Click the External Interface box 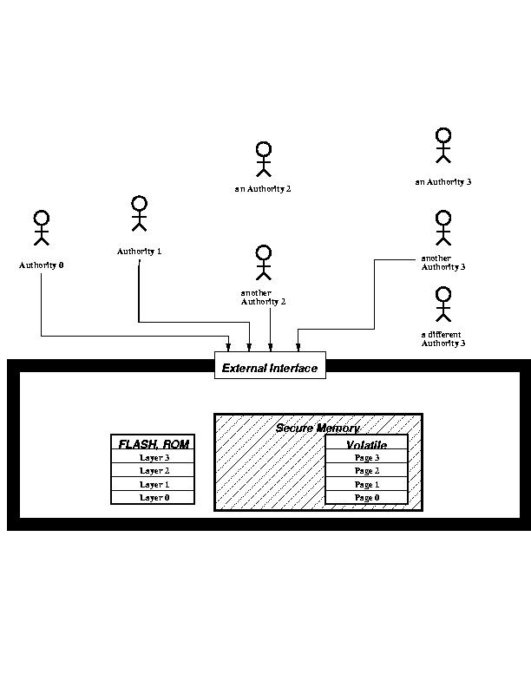coord(270,367)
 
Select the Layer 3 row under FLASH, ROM coord(154,457)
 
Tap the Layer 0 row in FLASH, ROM coord(154,497)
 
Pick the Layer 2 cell coord(154,470)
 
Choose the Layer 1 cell coord(154,484)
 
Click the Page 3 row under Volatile coord(366,457)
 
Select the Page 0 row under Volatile coord(366,497)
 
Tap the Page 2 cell coord(366,470)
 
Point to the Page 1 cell coord(366,484)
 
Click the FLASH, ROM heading coord(154,444)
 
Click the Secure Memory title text coord(318,429)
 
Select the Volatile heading coord(366,445)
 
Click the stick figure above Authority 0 coord(41,228)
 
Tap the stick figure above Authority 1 coord(139,213)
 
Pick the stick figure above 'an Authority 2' coord(264,159)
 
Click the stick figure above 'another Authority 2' coord(264,262)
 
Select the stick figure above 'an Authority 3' coord(443,145)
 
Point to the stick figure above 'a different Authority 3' coord(443,304)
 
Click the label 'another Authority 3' coord(442,263)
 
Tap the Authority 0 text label coord(42,265)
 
